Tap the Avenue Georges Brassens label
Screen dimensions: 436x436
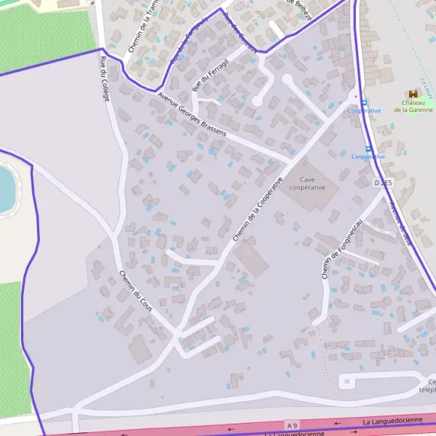point(192,114)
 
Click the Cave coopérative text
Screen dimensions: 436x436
point(307,183)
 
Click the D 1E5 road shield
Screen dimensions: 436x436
point(383,183)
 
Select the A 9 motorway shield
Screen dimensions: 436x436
point(293,424)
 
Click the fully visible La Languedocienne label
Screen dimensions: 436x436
point(392,421)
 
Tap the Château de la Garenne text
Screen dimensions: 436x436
point(413,107)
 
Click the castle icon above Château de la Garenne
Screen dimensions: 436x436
point(413,94)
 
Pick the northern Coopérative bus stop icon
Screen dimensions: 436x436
point(364,102)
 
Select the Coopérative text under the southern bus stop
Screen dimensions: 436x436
point(368,157)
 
